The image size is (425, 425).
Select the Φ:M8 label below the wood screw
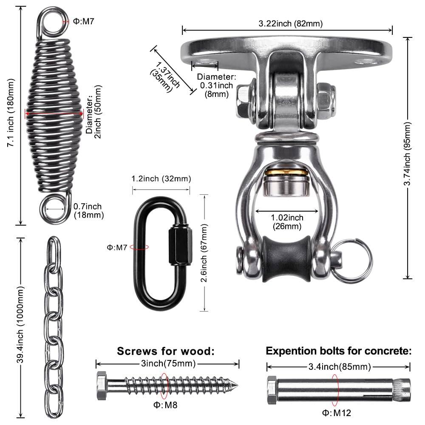pos(164,405)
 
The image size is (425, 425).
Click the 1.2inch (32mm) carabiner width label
pos(159,178)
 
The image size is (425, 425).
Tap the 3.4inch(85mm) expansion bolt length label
pos(338,366)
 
